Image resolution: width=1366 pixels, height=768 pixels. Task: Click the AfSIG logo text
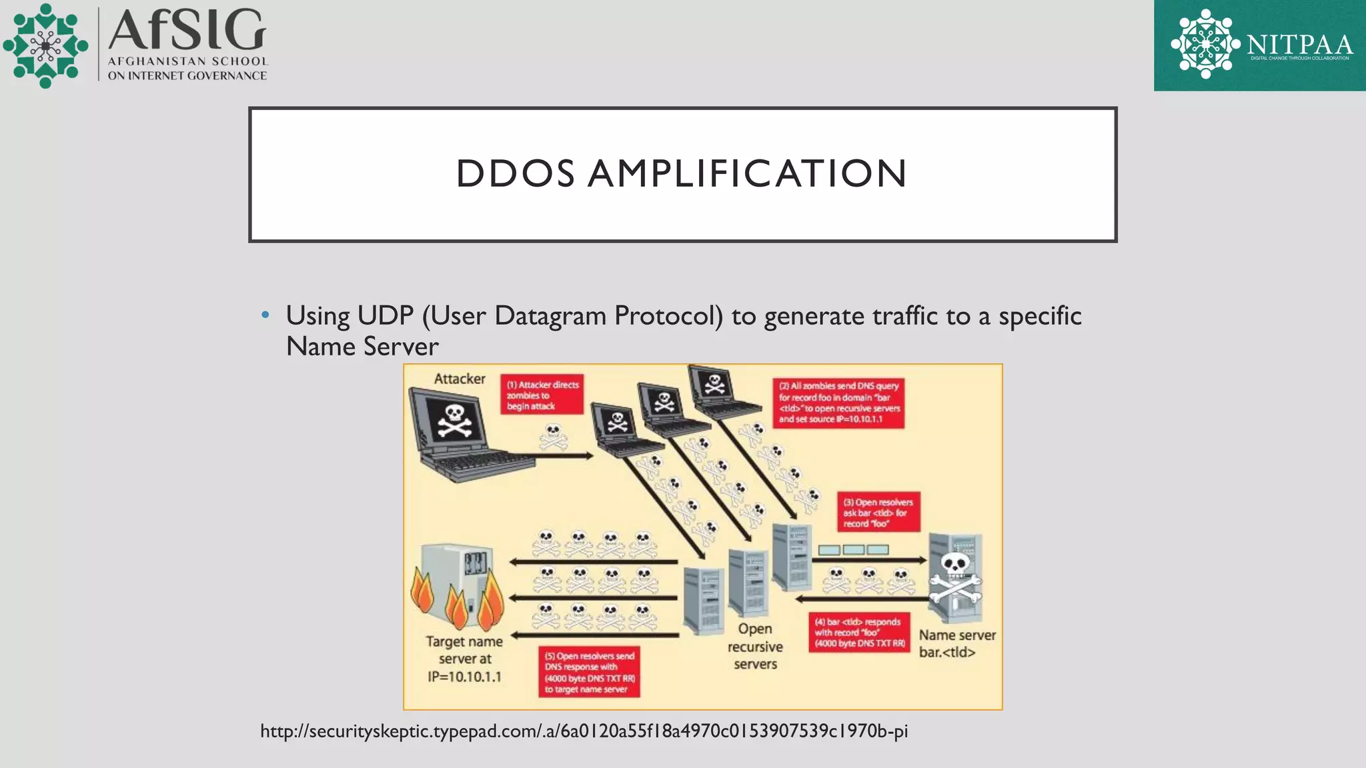[187, 31]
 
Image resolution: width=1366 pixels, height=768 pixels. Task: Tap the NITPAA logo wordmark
[1299, 45]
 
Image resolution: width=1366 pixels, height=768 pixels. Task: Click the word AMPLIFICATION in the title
[747, 174]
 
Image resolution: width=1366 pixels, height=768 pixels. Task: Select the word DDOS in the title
[515, 174]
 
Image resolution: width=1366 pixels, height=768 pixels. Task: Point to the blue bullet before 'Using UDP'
[265, 315]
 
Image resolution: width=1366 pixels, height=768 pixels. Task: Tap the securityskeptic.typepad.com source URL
[584, 731]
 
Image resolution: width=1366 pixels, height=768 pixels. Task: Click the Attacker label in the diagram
[460, 379]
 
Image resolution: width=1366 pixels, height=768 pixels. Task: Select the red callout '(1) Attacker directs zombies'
[542, 395]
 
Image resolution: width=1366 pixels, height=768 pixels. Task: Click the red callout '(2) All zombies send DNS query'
[838, 403]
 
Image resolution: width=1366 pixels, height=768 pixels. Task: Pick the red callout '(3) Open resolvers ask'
[878, 513]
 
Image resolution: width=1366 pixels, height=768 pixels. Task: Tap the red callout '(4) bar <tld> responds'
[859, 633]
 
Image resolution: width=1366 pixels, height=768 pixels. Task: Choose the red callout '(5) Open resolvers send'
[589, 672]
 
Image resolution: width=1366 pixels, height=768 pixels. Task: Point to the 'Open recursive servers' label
[755, 647]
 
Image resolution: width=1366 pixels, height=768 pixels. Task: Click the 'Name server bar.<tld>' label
[956, 643]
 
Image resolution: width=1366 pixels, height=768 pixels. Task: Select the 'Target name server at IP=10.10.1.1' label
[464, 659]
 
